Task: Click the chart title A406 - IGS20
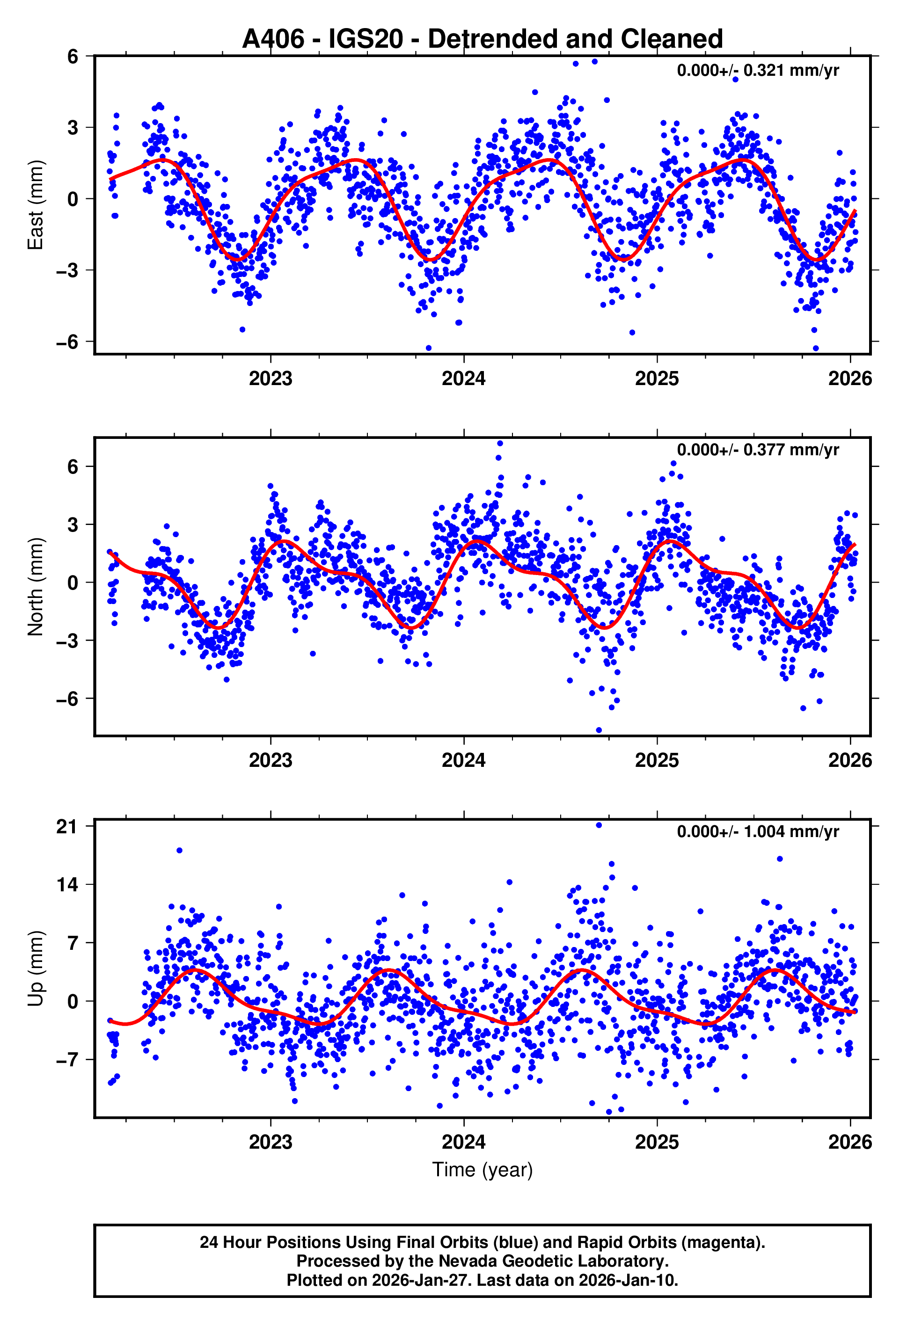coord(483,39)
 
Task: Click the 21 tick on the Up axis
coord(67,827)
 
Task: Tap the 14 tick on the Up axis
coord(67,885)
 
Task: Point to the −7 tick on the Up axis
coord(67,1060)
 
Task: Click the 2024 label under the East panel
coord(463,378)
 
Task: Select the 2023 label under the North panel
coord(270,760)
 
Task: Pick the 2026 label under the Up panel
coord(850,1142)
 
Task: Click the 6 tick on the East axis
coord(73,57)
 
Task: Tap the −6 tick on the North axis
coord(67,699)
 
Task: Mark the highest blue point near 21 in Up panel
coord(599,825)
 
